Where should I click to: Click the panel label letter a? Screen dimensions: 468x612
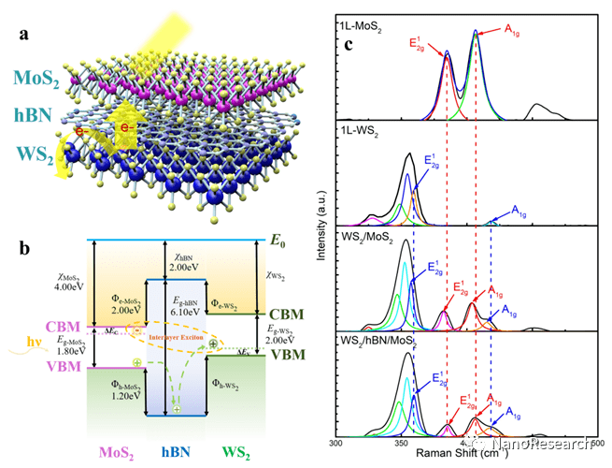(21, 37)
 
